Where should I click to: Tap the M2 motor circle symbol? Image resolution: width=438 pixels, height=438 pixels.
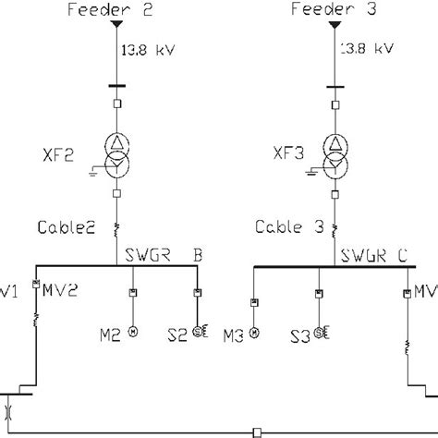(x=133, y=332)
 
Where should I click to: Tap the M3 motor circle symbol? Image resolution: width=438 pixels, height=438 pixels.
(x=254, y=332)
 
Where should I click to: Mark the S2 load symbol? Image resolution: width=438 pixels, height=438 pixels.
(x=198, y=332)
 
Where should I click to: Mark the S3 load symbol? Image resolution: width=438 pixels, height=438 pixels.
(x=321, y=332)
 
